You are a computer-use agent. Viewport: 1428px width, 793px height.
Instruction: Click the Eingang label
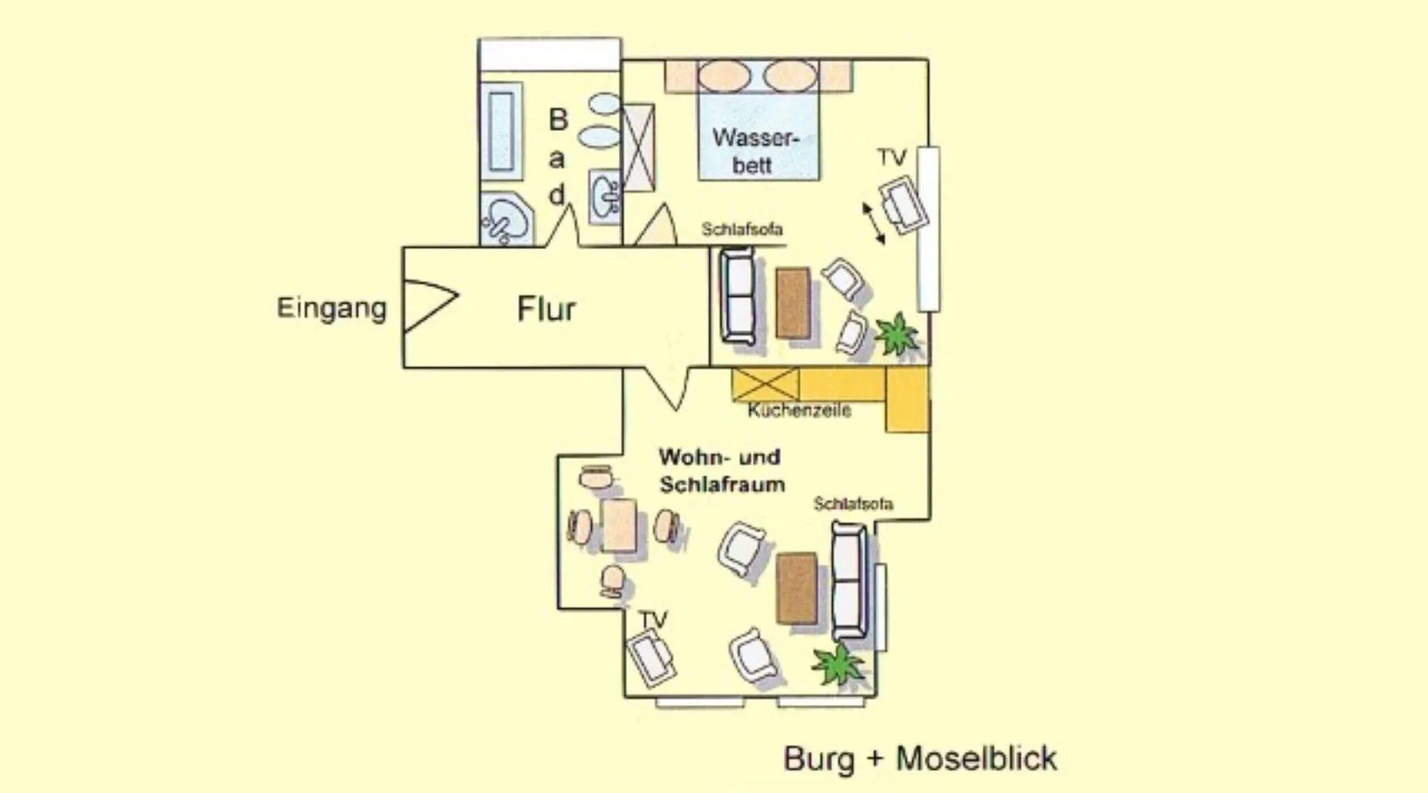click(x=332, y=308)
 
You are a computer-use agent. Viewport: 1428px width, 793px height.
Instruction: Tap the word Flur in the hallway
click(x=546, y=308)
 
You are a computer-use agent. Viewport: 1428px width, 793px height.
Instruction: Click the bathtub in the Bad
click(x=501, y=132)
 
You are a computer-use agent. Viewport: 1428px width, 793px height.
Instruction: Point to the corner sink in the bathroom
click(x=505, y=217)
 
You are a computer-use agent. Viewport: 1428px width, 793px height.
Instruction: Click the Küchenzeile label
click(x=799, y=410)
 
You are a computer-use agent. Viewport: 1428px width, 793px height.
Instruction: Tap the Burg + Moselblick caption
click(x=920, y=758)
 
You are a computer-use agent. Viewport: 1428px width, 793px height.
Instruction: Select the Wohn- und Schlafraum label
click(x=721, y=470)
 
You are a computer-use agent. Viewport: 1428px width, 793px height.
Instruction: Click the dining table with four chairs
click(x=619, y=526)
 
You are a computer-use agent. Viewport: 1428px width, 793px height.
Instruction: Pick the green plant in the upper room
click(x=897, y=334)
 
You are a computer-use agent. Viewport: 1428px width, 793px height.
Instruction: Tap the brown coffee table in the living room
click(x=797, y=588)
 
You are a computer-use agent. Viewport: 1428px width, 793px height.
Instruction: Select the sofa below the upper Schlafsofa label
click(x=738, y=296)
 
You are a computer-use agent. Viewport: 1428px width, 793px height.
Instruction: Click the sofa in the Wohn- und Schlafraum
click(x=848, y=582)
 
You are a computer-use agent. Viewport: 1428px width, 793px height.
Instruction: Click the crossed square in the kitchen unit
click(x=766, y=385)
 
